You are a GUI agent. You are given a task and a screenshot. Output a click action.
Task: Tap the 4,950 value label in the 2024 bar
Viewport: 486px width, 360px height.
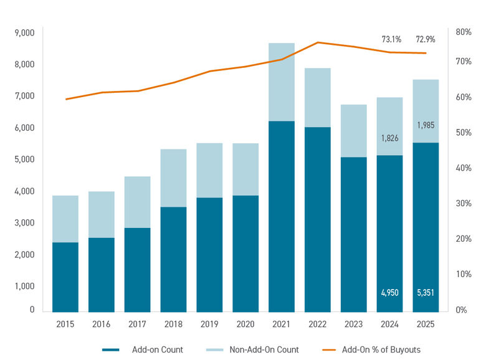pos(390,292)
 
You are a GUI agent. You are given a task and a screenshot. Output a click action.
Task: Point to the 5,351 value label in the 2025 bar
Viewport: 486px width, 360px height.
pos(426,292)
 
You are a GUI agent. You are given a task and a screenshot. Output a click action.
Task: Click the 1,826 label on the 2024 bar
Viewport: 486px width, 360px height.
pos(390,138)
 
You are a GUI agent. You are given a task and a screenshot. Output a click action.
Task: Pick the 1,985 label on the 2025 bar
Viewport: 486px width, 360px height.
pos(426,125)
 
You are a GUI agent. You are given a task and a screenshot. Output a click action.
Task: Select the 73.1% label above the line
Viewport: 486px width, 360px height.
pos(391,39)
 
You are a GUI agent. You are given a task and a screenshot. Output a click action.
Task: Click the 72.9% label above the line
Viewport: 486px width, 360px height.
pos(426,39)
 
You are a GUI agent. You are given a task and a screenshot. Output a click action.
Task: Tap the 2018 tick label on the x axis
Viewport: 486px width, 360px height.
pos(173,324)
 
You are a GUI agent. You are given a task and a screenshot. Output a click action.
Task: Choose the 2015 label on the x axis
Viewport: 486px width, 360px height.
pos(65,324)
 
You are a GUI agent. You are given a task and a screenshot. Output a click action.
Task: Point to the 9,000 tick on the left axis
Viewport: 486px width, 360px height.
pos(24,32)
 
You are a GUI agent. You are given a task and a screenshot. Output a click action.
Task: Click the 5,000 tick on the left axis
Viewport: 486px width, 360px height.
pos(24,159)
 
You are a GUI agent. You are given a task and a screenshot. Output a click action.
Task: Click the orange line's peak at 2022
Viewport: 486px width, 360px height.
pos(317,42)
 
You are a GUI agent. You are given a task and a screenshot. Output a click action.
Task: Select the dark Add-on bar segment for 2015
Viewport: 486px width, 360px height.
pos(65,277)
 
